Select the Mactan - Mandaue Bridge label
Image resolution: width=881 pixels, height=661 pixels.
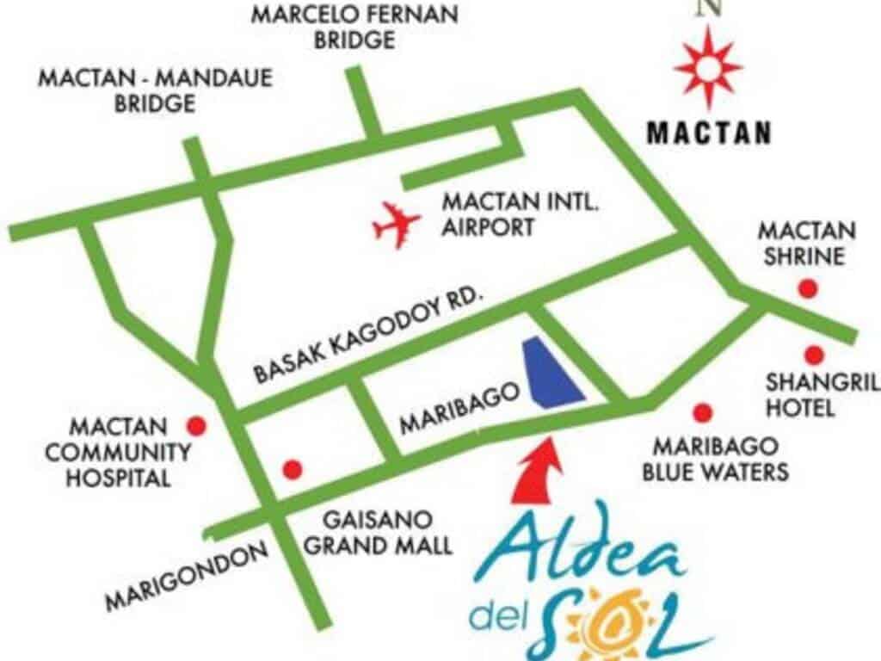(x=156, y=91)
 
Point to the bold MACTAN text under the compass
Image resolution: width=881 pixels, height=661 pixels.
(x=708, y=133)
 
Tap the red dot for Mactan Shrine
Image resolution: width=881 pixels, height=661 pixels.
(x=807, y=289)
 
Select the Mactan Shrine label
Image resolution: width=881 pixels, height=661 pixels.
(x=806, y=244)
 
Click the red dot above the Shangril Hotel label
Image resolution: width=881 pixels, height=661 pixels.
(x=814, y=354)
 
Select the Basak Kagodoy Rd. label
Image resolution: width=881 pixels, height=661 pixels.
(x=369, y=337)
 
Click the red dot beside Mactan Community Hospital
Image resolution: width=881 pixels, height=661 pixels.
(x=197, y=424)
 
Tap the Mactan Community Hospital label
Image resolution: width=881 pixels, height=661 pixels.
(x=118, y=452)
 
